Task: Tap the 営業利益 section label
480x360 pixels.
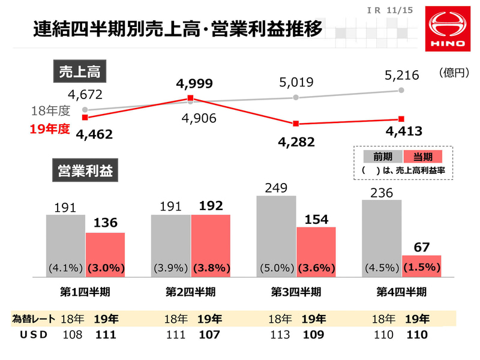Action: [x=86, y=170]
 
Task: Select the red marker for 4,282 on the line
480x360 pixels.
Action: [x=296, y=124]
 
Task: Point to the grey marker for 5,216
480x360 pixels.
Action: [x=401, y=90]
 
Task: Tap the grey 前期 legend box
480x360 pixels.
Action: [x=383, y=157]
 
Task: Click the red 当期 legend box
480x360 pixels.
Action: [x=423, y=157]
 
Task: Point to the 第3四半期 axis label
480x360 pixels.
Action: [x=295, y=292]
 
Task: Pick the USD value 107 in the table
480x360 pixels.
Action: [x=209, y=335]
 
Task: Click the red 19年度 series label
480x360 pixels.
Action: [x=51, y=128]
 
